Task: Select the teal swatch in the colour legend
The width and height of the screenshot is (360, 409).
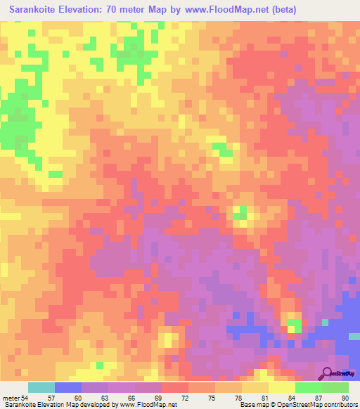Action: [41, 387]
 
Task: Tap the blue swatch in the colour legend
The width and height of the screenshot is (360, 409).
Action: [68, 387]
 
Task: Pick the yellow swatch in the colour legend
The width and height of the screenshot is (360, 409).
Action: [282, 387]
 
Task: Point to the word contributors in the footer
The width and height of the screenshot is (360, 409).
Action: [341, 405]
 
